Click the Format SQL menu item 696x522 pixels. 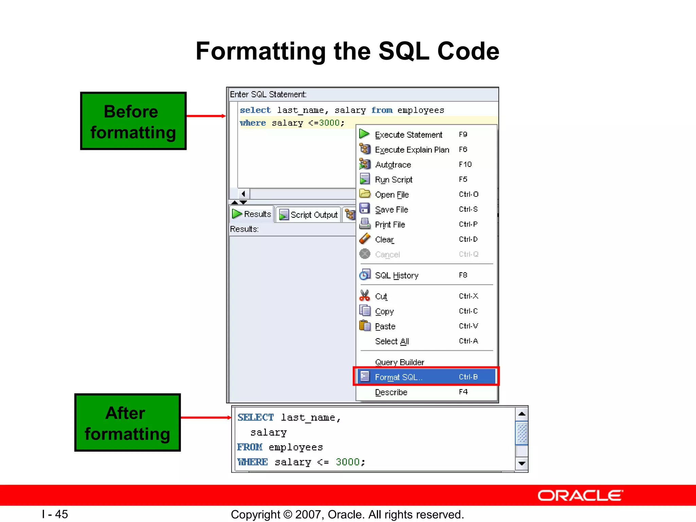tap(398, 377)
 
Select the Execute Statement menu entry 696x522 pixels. tap(408, 135)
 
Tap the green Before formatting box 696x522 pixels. tap(133, 121)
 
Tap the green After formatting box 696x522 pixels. tap(127, 423)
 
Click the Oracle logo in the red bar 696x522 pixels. tap(580, 495)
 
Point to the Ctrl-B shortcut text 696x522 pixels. tap(468, 377)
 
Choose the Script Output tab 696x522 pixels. tap(309, 215)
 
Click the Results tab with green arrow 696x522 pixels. tap(252, 214)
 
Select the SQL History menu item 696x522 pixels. tap(396, 275)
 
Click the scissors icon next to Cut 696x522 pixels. tap(364, 295)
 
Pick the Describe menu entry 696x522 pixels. tap(391, 392)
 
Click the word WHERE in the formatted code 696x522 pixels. tap(253, 462)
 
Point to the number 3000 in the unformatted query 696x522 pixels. tap(329, 123)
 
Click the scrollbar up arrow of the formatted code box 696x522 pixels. tap(522, 414)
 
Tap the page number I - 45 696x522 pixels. tap(55, 514)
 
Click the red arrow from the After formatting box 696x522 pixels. tap(206, 417)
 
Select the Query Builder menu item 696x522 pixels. tap(399, 362)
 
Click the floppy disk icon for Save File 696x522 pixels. tap(364, 208)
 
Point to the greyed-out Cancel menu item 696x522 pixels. tap(387, 255)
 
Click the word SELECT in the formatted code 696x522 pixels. tap(256, 417)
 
